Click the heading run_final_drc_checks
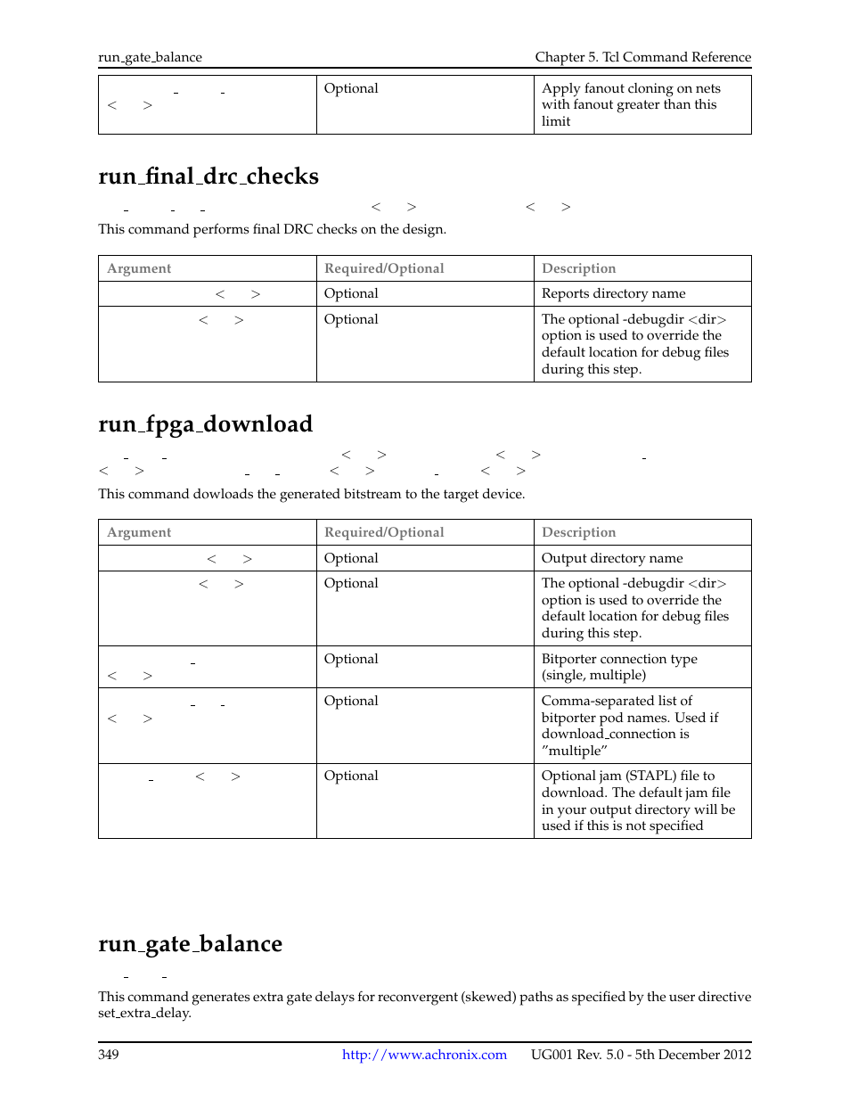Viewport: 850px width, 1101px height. (208, 177)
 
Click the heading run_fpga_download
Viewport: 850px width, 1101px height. (205, 424)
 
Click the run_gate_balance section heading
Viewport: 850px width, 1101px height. (190, 944)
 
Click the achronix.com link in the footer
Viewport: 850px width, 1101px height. (424, 1055)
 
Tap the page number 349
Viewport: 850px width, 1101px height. (109, 1055)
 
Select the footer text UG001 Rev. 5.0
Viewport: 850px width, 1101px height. (577, 1055)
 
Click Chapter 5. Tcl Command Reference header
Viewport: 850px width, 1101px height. (642, 57)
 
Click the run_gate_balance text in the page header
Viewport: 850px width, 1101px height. (150, 57)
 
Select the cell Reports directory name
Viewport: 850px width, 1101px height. (614, 293)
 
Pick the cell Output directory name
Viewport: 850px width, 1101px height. (612, 558)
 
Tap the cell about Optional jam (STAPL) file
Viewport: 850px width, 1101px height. (637, 801)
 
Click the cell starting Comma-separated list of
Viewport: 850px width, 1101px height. (629, 726)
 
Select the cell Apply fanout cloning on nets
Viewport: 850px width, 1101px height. (630, 104)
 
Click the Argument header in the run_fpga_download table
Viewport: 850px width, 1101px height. (139, 532)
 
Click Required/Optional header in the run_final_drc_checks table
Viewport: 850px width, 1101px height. (384, 268)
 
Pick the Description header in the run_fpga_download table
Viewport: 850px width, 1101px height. (578, 532)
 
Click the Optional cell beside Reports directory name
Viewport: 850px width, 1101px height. (351, 293)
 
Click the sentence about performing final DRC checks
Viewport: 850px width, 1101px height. (272, 229)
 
